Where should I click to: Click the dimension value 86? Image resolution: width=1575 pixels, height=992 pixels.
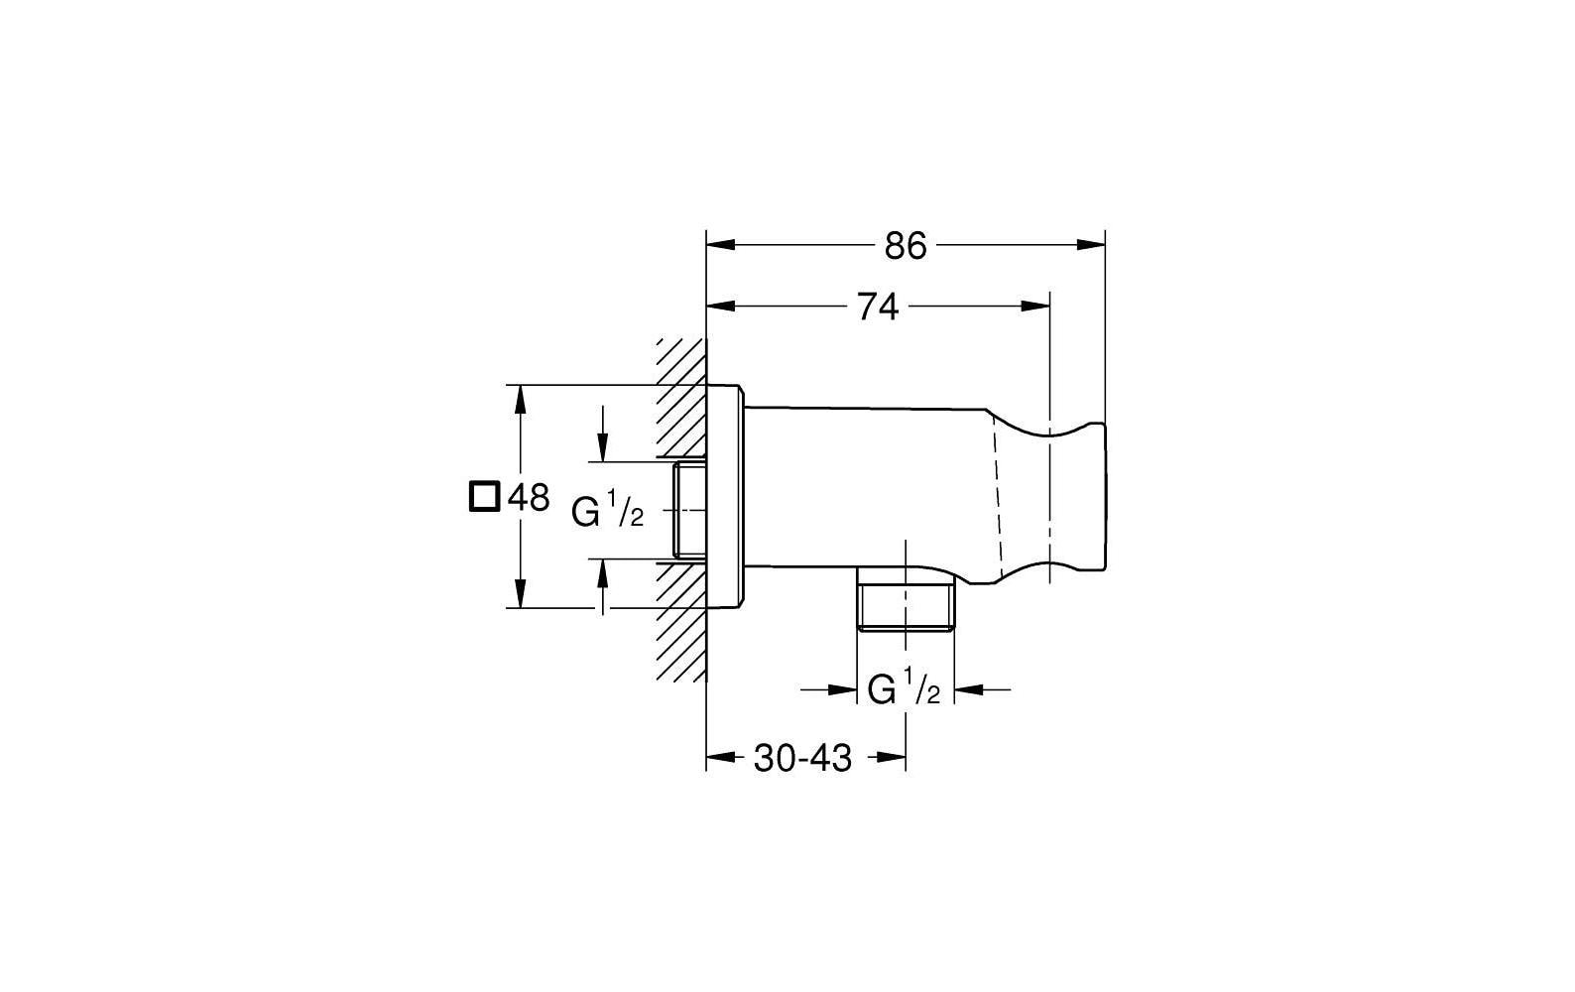tap(906, 246)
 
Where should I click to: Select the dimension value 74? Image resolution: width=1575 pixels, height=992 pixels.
tap(878, 308)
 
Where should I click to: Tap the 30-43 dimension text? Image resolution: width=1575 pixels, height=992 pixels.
tap(803, 759)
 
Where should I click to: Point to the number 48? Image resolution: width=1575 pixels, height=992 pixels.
tap(529, 498)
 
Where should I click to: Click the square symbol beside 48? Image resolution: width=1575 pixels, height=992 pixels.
tap(484, 496)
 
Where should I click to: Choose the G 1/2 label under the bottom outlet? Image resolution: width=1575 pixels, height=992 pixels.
tap(904, 688)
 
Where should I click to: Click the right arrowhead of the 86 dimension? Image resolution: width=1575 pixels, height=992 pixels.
tap(1091, 245)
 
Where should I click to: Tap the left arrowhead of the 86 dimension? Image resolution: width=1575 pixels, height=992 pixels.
tap(721, 245)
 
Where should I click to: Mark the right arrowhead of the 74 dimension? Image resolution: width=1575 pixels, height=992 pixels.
tap(1035, 306)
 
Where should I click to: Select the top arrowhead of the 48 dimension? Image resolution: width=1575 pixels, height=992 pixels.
tap(521, 400)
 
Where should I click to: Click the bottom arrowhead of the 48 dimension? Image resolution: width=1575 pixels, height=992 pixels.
tap(521, 592)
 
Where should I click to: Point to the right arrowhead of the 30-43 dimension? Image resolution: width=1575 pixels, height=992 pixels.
tap(891, 757)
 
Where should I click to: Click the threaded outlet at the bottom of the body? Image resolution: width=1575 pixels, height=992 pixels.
tap(906, 600)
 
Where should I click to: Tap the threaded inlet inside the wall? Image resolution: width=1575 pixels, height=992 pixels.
tap(689, 511)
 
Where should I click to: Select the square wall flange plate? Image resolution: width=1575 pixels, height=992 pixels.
tap(724, 496)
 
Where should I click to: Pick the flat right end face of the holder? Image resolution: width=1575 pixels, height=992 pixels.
tap(1105, 496)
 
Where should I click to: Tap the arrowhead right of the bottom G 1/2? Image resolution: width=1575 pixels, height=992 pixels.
tap(969, 689)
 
